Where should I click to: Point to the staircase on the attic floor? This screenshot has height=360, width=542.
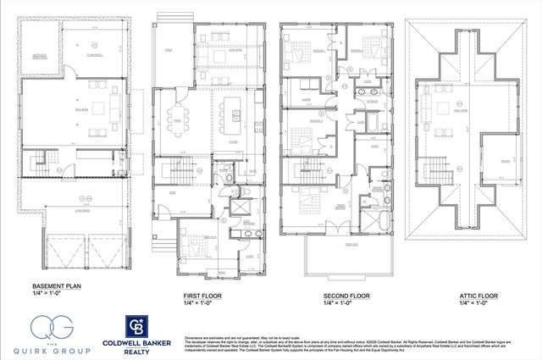[438, 166]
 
